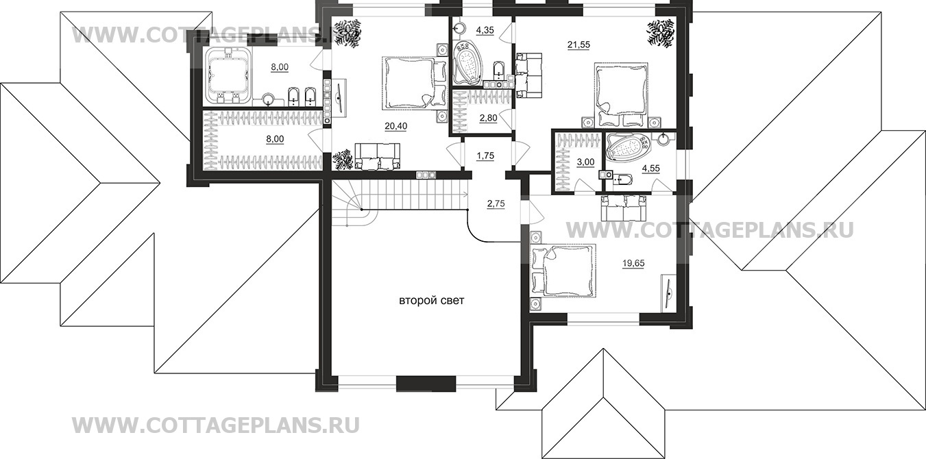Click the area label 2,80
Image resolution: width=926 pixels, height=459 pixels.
487,118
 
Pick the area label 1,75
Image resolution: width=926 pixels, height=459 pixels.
485,156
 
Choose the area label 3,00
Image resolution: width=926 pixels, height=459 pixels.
584,162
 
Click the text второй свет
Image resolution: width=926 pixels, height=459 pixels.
426,301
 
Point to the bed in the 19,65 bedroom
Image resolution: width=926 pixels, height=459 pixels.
563,271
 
